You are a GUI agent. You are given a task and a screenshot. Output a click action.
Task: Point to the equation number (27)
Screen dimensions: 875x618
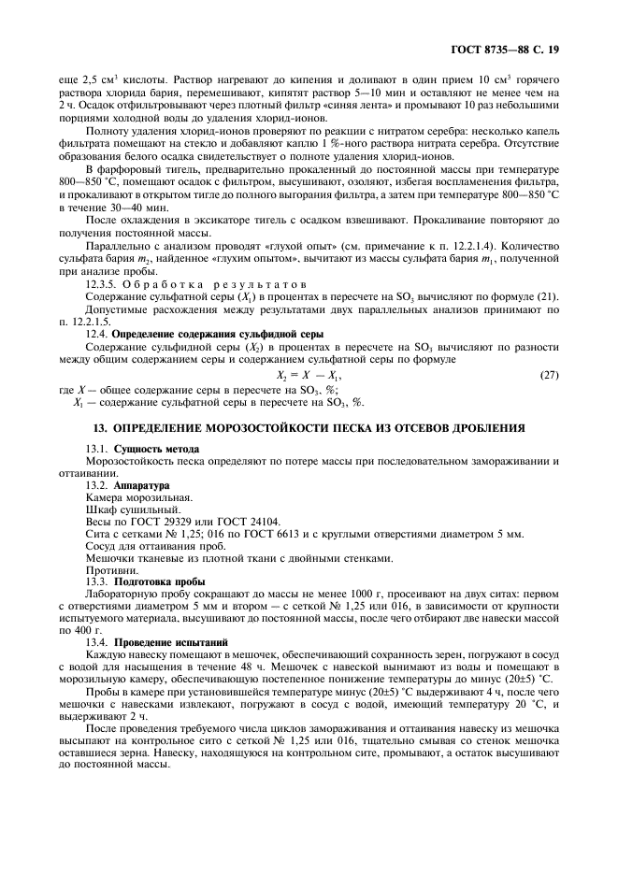coord(550,374)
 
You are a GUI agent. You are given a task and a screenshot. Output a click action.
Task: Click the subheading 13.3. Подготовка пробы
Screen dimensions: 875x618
coord(142,581)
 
